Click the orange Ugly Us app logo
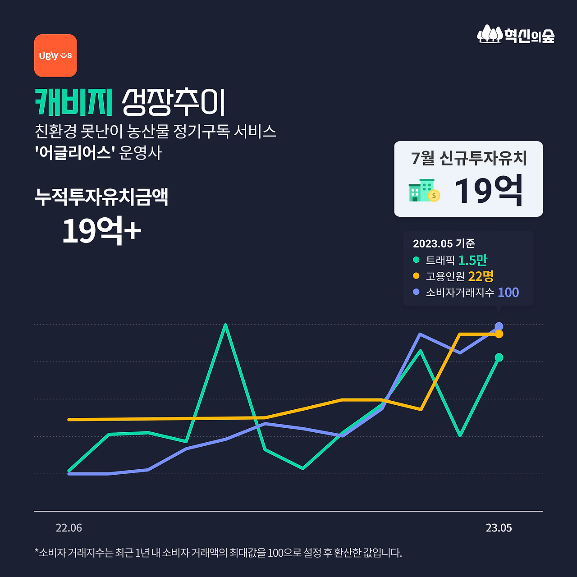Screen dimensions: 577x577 tap(55, 55)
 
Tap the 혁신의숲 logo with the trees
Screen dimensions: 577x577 tap(516, 34)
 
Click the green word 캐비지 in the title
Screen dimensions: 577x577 tap(73, 102)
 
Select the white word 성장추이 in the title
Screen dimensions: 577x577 tap(173, 102)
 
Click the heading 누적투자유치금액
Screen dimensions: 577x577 tap(101, 197)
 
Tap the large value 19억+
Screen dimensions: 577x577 tap(101, 231)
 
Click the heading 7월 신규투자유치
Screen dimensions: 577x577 tap(469, 158)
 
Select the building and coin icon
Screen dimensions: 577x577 tap(424, 190)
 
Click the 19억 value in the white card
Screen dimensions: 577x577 tap(489, 191)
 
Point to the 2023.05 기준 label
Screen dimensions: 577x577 tap(444, 243)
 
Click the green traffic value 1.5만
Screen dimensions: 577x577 tap(472, 260)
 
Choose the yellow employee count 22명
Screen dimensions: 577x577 tap(481, 276)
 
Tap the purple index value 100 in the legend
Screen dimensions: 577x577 tap(508, 292)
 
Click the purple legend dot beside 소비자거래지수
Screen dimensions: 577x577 tap(416, 292)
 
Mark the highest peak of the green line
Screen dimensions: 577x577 tap(225, 325)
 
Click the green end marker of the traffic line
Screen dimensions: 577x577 tap(499, 357)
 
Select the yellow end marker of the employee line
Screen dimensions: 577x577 tap(499, 334)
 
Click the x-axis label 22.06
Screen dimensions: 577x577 tap(69, 528)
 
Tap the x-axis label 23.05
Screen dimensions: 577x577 tap(499, 528)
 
